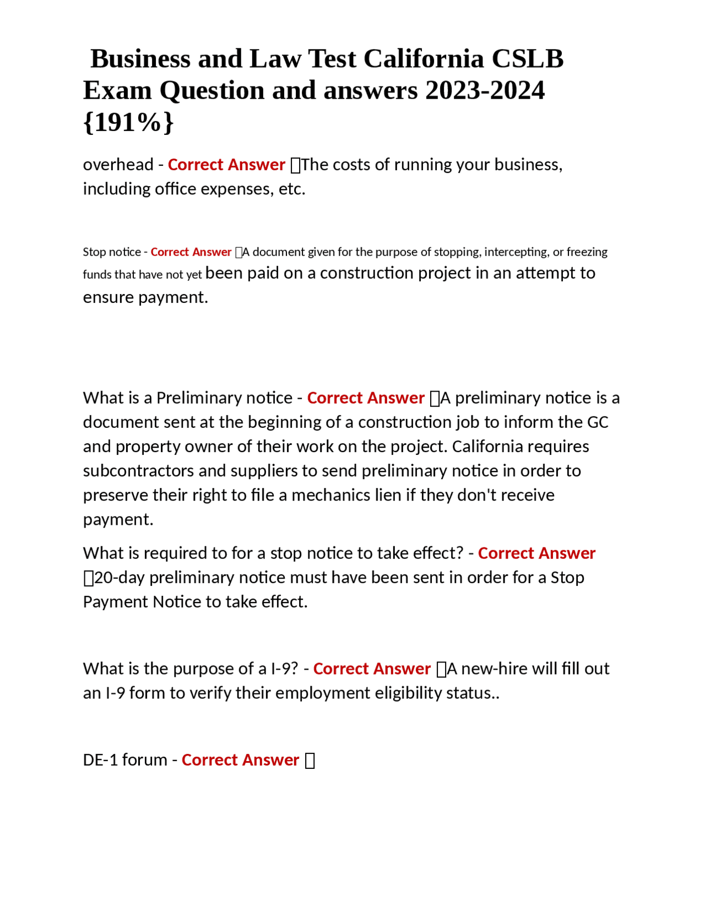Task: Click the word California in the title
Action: pos(423,58)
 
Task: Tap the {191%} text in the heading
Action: pos(128,122)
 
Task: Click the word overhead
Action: pos(118,165)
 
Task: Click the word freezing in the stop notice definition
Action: pos(587,252)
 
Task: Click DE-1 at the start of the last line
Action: pos(100,760)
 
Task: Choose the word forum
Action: pos(145,760)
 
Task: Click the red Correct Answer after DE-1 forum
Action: pos(240,760)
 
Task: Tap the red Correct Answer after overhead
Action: pos(226,165)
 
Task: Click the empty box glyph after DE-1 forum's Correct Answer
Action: pos(310,761)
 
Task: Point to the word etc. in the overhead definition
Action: pos(292,189)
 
